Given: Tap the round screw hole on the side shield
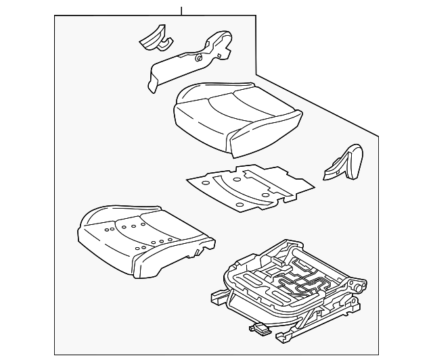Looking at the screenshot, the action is click(199, 59).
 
